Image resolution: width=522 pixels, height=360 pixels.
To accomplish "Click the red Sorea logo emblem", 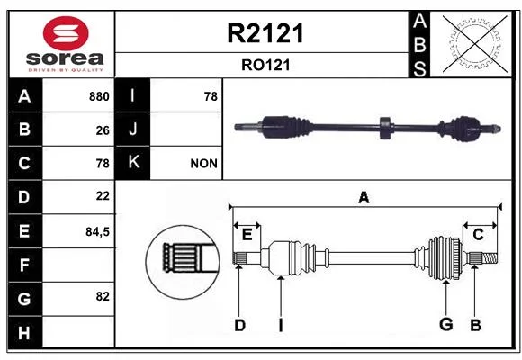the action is (66, 33).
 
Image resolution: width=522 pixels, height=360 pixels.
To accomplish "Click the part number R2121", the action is (265, 33).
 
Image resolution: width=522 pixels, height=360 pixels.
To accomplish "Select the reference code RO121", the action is (265, 65).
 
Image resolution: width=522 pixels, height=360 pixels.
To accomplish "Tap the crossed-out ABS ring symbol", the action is (475, 44).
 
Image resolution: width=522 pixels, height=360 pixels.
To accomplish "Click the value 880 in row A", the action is (99, 96).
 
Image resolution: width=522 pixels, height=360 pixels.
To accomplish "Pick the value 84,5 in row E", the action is (97, 232).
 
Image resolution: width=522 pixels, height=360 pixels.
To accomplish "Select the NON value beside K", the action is (203, 164).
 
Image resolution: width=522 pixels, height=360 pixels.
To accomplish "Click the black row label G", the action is (24, 299).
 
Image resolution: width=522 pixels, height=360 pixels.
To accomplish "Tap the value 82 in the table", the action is (103, 296).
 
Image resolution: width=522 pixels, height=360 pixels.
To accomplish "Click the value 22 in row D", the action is (103, 196).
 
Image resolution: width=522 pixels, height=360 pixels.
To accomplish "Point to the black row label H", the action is (24, 333).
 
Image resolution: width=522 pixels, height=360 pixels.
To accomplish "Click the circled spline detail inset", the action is (183, 262).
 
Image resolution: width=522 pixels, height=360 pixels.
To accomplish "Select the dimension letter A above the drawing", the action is (364, 198).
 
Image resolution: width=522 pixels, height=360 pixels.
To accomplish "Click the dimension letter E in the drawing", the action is (247, 235).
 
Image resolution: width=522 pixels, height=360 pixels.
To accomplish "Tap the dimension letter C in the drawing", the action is (478, 235).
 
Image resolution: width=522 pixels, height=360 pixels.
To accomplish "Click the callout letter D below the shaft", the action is (239, 325).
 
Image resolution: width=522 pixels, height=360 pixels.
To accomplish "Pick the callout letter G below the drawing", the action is (446, 324).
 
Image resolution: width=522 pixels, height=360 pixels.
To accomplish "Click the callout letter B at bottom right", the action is (475, 325).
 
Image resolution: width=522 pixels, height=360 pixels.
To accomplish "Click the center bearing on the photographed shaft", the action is (386, 128).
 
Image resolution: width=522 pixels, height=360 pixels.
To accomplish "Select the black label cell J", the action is (132, 130).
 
